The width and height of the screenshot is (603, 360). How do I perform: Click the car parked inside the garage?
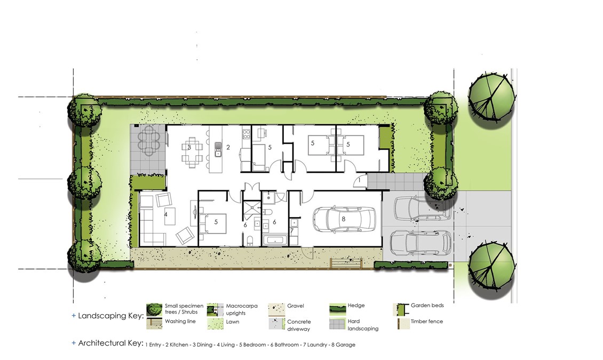(344, 219)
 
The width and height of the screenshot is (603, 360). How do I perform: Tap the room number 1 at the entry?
(360, 180)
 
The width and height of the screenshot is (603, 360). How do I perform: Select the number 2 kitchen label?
(228, 147)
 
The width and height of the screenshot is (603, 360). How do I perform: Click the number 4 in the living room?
(166, 214)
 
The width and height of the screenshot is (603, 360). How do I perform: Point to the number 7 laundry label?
(292, 231)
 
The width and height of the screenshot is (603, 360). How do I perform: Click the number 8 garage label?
(344, 219)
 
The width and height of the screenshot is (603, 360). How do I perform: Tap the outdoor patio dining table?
(149, 141)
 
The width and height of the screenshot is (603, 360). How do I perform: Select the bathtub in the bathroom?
(275, 241)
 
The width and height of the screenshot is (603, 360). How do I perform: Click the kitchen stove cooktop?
(246, 134)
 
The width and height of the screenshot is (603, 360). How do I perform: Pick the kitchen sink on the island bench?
(218, 149)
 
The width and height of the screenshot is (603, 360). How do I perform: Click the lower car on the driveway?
(420, 243)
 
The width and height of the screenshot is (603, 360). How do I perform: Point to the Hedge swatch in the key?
(337, 309)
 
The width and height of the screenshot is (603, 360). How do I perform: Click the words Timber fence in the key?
(427, 321)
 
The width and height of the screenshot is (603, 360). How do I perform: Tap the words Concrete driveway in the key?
(299, 325)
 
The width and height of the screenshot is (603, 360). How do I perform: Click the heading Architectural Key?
(111, 343)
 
